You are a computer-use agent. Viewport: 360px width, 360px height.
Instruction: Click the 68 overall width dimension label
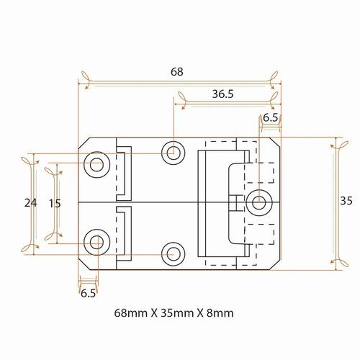[177, 71]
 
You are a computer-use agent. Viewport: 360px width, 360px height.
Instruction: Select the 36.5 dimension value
[222, 94]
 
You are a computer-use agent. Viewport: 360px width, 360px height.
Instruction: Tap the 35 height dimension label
[346, 201]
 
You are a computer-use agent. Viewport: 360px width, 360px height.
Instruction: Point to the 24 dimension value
[30, 203]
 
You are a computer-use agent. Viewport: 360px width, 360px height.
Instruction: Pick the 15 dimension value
[55, 204]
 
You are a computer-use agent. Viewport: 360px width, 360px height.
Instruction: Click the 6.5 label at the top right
[271, 118]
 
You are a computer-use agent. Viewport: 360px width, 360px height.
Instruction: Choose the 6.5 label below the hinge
[88, 293]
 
